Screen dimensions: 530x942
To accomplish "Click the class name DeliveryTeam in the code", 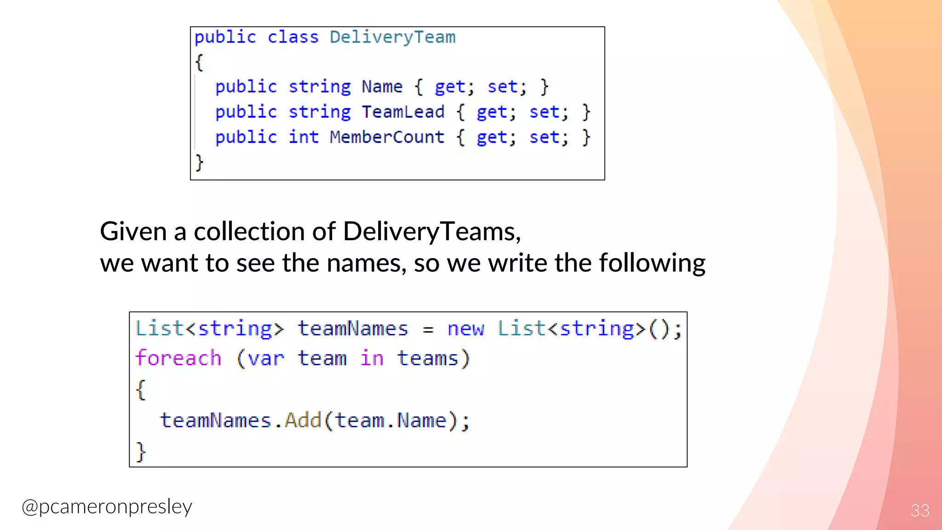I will (392, 37).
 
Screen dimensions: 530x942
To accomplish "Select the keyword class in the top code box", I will (293, 37).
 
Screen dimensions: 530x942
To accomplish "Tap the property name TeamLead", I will (403, 112).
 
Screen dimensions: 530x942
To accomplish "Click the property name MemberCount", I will (387, 137).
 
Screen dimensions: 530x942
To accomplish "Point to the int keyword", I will (304, 137).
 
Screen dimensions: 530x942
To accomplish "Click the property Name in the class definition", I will (382, 86).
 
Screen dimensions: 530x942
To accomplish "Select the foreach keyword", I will (178, 358).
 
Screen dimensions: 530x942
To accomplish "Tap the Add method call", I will (303, 420).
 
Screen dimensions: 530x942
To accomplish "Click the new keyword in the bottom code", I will (465, 329).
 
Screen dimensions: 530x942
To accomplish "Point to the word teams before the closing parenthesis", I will (428, 358).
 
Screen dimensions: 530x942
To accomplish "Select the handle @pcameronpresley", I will (107, 507).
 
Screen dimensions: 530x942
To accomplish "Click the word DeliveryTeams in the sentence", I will (431, 231).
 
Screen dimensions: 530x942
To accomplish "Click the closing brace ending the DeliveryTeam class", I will (199, 162).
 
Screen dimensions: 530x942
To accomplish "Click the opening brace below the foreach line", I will (141, 390).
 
